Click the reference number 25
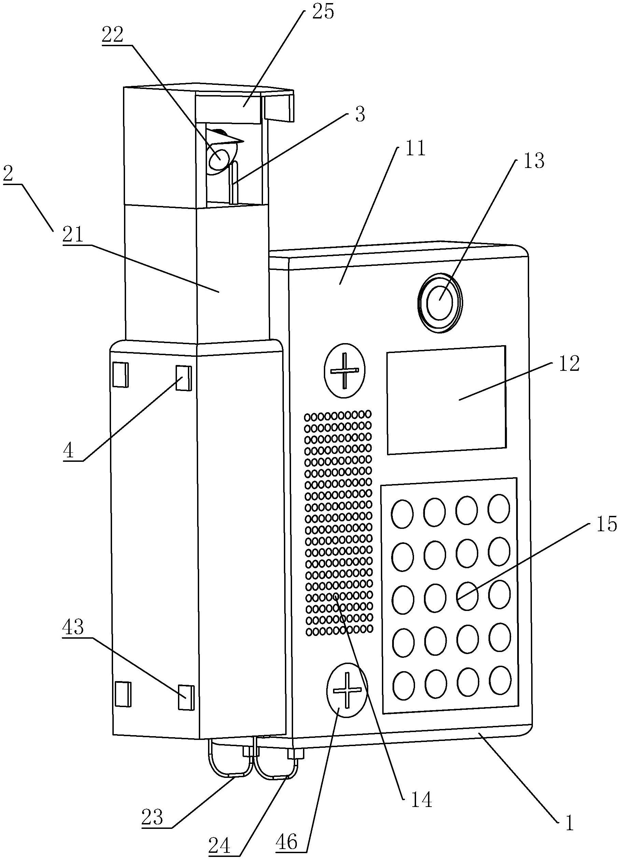[x=323, y=12]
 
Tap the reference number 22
[x=112, y=35]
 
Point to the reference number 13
[x=534, y=161]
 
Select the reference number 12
[x=569, y=364]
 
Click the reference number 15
[x=606, y=524]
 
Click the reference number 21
[x=73, y=235]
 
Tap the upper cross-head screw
[x=344, y=370]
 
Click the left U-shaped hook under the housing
[x=230, y=761]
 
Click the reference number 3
[x=360, y=114]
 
